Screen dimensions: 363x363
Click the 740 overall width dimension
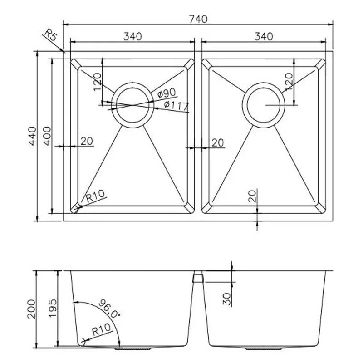click(x=198, y=19)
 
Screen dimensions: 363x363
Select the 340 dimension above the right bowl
click(x=263, y=37)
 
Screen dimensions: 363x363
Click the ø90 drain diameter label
click(x=167, y=94)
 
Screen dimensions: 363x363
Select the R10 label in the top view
click(x=95, y=196)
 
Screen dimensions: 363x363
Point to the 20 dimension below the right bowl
click(x=253, y=196)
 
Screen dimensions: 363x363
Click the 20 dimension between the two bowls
click(x=217, y=142)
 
